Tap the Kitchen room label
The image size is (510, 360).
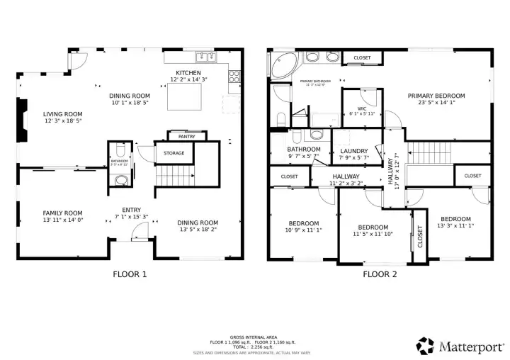point(188,73)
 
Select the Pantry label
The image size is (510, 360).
point(187,136)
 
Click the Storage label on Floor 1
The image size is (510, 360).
point(174,153)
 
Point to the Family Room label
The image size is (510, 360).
point(63,213)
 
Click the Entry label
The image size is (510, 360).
point(131,209)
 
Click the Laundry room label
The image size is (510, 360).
point(353,151)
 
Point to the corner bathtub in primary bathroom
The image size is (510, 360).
point(282,64)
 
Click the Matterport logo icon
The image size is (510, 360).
point(425,346)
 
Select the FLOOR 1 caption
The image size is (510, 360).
point(130,274)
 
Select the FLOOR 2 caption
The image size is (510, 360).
point(380,274)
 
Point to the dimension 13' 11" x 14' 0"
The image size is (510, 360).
point(63,220)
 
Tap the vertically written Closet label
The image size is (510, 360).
point(419,235)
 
